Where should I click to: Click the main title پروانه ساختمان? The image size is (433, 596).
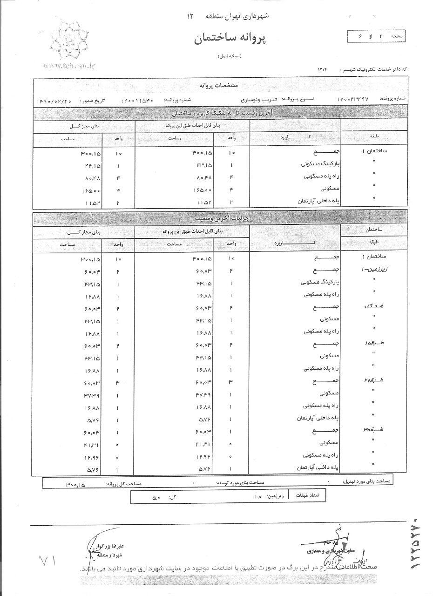tap(230, 39)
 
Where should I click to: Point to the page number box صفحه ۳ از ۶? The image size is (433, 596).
tap(377, 36)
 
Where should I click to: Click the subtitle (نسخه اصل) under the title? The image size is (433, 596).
tap(230, 56)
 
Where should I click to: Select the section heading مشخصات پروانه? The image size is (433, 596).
tap(221, 86)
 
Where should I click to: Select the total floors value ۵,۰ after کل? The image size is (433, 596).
tap(156, 498)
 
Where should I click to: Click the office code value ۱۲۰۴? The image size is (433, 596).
tap(323, 69)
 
